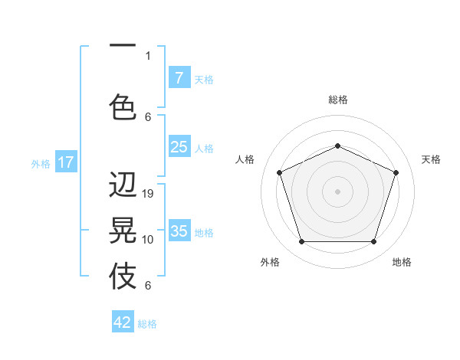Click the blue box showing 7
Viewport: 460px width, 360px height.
(179, 78)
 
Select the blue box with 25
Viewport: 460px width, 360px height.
(179, 147)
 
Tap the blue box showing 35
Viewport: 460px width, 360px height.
(179, 231)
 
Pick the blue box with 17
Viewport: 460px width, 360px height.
(65, 162)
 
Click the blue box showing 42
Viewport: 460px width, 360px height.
(123, 322)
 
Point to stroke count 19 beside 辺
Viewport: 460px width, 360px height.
(149, 194)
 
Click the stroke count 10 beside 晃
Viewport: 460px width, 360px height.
(149, 240)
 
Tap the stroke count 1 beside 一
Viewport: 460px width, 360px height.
(148, 55)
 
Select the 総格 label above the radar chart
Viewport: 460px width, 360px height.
(337, 100)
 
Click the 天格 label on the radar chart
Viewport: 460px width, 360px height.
(431, 159)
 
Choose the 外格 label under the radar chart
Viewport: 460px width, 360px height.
(270, 262)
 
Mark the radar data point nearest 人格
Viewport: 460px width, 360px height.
(279, 172)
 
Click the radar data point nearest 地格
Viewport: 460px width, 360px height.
(373, 241)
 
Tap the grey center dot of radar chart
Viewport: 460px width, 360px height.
(337, 191)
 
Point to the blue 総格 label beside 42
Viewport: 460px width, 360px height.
(147, 324)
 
